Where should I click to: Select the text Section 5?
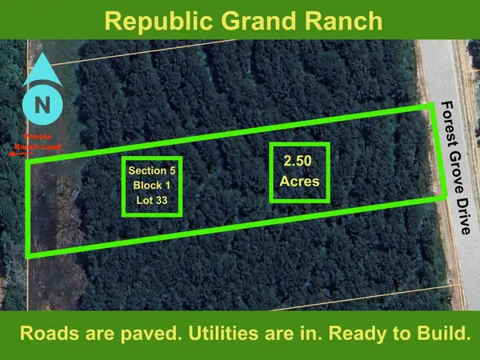coord(151,170)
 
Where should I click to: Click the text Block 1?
coord(151,186)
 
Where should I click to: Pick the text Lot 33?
coord(151,201)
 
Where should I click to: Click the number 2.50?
coord(298,161)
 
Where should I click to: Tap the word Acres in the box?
coord(299,182)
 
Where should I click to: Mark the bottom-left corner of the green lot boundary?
coord(29,255)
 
